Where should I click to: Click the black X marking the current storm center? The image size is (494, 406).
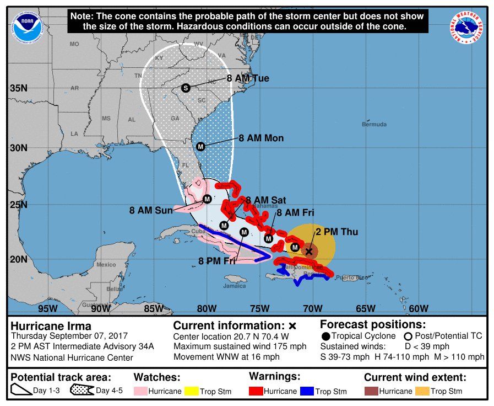pyautogui.click(x=309, y=252)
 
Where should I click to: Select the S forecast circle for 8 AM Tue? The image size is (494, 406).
pyautogui.click(x=186, y=88)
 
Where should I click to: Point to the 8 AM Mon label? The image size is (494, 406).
pyautogui.click(x=261, y=138)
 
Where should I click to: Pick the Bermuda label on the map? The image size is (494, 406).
pyautogui.click(x=374, y=125)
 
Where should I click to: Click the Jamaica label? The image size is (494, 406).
pyautogui.click(x=234, y=286)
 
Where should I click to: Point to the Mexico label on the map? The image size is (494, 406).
pyautogui.click(x=106, y=265)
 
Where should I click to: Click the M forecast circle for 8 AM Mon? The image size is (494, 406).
pyautogui.click(x=200, y=147)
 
